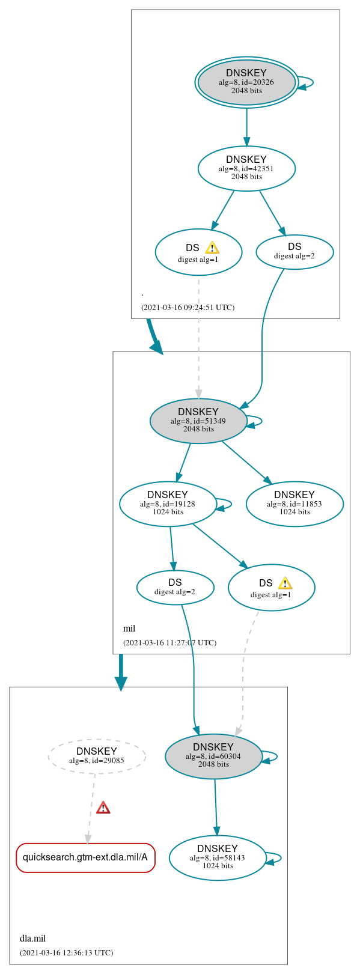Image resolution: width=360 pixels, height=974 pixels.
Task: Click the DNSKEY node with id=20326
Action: click(246, 82)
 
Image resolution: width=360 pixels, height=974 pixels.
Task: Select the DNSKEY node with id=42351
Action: click(246, 168)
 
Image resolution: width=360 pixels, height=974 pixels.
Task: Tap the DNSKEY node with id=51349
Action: click(198, 421)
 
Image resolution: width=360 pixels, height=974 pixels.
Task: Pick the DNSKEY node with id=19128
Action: click(168, 504)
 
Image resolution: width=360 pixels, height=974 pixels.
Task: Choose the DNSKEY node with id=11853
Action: click(294, 504)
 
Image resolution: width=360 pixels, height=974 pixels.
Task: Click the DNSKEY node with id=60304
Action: click(213, 756)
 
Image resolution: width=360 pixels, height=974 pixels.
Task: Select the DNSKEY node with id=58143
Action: click(218, 858)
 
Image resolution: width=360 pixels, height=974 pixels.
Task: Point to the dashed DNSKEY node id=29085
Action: click(97, 756)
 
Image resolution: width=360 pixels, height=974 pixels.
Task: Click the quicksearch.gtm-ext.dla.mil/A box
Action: click(85, 857)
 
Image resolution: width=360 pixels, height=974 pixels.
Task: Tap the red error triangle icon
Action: click(103, 808)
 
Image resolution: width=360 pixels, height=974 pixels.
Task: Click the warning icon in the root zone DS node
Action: click(212, 248)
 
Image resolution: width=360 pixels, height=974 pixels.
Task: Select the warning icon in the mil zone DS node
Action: click(285, 583)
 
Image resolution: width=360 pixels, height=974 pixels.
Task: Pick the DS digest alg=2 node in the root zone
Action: click(294, 252)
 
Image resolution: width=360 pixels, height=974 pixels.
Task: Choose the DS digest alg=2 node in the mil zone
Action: click(175, 587)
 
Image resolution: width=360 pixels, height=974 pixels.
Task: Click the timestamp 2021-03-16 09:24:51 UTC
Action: click(188, 308)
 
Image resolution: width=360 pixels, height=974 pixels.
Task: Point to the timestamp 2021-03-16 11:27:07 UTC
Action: click(169, 643)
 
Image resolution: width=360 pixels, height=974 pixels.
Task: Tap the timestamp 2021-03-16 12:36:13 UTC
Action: click(66, 953)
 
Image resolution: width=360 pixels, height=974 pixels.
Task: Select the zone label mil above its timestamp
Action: click(129, 629)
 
